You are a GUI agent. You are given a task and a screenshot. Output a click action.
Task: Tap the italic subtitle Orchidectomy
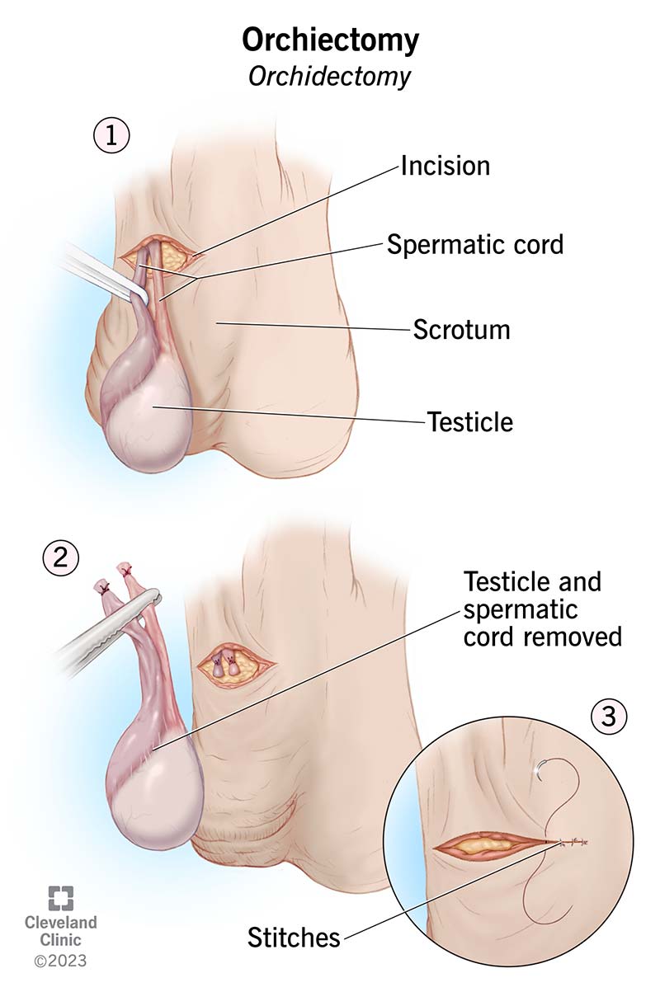point(330,77)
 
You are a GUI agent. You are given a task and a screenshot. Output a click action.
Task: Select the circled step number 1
point(111,136)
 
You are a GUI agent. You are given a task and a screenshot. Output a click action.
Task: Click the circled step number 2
point(59,559)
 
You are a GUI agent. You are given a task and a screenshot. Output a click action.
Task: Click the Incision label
point(445,166)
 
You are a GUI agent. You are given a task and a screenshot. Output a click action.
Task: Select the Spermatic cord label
point(475,244)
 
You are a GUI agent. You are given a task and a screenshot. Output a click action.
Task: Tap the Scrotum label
point(461,330)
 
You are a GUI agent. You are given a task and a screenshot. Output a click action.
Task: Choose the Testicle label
point(469,422)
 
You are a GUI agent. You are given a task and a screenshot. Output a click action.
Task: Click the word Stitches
point(294,937)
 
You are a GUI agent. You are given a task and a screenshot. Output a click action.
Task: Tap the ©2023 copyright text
point(59,960)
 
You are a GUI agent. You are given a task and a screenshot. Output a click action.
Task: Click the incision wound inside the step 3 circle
point(491,844)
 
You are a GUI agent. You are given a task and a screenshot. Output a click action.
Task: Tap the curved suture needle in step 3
point(539,769)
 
